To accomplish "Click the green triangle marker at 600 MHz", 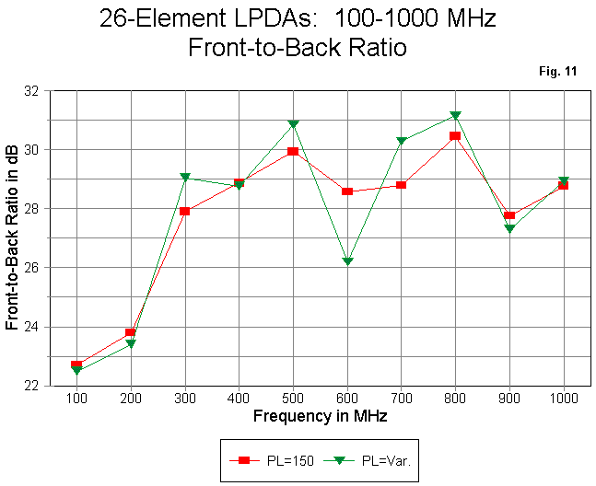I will (x=347, y=261).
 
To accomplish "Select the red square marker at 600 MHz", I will (x=347, y=191).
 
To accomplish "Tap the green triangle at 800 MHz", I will (x=455, y=116).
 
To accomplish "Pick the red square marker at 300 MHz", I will (x=185, y=211).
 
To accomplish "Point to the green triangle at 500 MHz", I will (x=293, y=124).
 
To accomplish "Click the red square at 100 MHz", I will (x=76, y=365).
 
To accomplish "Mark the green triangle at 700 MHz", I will (x=402, y=141).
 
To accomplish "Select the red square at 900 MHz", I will (x=509, y=215).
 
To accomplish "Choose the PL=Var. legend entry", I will (x=373, y=459).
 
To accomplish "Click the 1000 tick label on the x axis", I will (x=564, y=399).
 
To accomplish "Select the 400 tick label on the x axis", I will (x=240, y=399).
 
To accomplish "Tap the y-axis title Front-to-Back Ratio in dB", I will (x=13, y=238).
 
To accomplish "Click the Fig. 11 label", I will (x=557, y=72).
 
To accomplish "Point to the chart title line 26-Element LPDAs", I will (x=297, y=18).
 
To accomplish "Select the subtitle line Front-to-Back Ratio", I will (x=297, y=48).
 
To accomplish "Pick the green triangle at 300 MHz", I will (x=185, y=178).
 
